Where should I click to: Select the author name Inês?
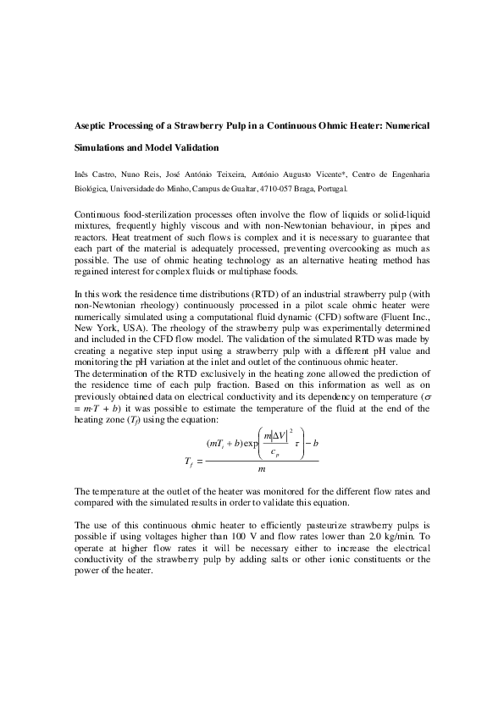coord(83,174)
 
